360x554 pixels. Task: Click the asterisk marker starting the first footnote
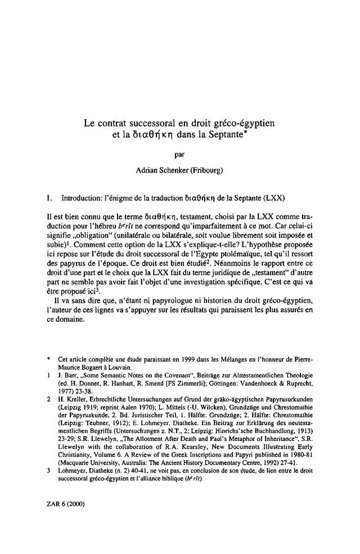coord(49,359)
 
